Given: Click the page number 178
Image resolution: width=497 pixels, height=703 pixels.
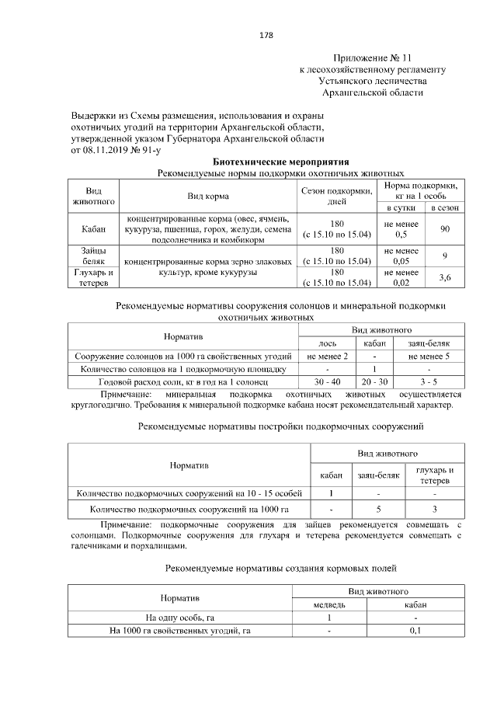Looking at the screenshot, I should (x=266, y=36).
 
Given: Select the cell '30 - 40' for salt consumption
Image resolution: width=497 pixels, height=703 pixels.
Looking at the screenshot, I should (x=327, y=383).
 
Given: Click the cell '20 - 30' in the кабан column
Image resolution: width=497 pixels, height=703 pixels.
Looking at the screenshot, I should (x=374, y=383).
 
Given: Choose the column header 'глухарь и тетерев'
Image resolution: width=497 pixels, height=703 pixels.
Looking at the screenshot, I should (x=435, y=475).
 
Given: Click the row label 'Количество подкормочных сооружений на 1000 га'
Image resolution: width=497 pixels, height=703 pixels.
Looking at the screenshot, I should (x=189, y=510).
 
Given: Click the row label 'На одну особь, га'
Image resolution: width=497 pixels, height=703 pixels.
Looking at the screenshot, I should (x=180, y=618).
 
